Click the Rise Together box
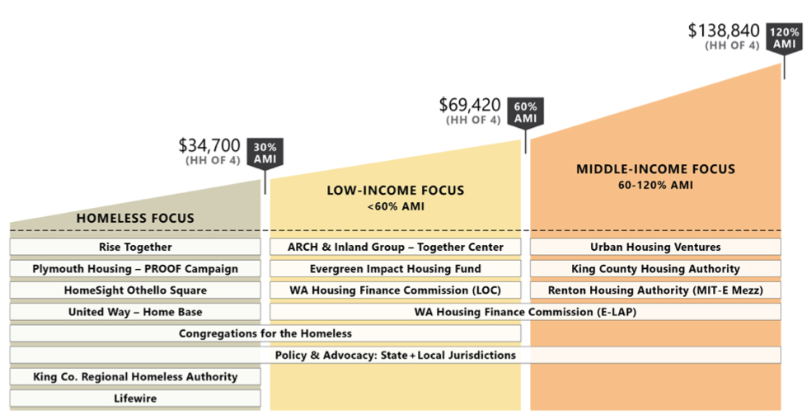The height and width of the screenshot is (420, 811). point(135,247)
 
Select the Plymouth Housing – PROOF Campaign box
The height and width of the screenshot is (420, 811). point(135,268)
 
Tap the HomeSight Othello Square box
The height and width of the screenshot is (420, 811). point(135,290)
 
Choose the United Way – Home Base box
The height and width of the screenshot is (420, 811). point(135,312)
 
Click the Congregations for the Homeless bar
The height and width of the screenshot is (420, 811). point(265,333)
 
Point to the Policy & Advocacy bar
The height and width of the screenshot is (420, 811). point(396,355)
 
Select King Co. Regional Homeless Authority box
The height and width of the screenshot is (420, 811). point(135,376)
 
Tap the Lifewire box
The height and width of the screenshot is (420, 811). point(135,398)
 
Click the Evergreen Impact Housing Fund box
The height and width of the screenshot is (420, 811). point(396,268)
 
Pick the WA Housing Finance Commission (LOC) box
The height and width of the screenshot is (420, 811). point(396,290)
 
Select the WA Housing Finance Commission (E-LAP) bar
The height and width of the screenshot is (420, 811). point(526,312)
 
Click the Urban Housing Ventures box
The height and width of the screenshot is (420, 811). point(655,247)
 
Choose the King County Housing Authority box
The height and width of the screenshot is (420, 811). point(655,268)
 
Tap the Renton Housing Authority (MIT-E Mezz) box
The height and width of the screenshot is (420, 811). point(655,290)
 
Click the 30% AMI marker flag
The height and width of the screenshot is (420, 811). point(265,153)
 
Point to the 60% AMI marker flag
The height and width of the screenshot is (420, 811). point(525,113)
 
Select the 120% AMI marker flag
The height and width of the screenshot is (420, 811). point(784,38)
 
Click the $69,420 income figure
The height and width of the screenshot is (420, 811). point(470,105)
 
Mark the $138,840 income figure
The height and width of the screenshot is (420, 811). point(723,30)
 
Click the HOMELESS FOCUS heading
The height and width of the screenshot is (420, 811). point(135,219)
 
